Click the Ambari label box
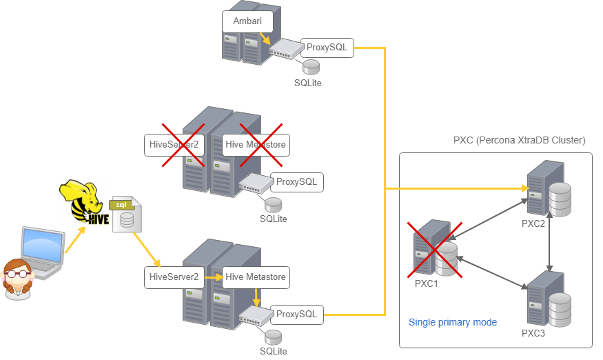(x=247, y=21)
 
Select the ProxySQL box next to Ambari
(x=327, y=48)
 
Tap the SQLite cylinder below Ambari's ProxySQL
(x=311, y=67)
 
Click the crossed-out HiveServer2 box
(x=174, y=145)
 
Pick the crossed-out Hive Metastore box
(x=256, y=145)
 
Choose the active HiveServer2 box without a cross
(x=174, y=277)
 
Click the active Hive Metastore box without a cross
(x=256, y=277)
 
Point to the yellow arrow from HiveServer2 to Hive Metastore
(x=214, y=277)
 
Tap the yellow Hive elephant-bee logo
(x=84, y=201)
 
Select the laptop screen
(x=43, y=246)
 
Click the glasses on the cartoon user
(x=17, y=274)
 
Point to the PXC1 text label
(x=426, y=283)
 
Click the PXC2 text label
(x=533, y=223)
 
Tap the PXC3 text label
(x=533, y=333)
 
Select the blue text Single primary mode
(x=453, y=322)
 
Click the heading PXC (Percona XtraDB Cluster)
(x=519, y=140)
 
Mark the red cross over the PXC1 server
(x=435, y=250)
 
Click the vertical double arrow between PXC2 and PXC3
(x=549, y=242)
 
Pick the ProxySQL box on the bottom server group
(x=297, y=314)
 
